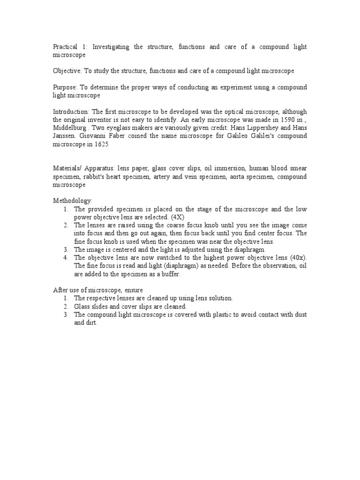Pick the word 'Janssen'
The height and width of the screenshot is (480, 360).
(65, 135)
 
